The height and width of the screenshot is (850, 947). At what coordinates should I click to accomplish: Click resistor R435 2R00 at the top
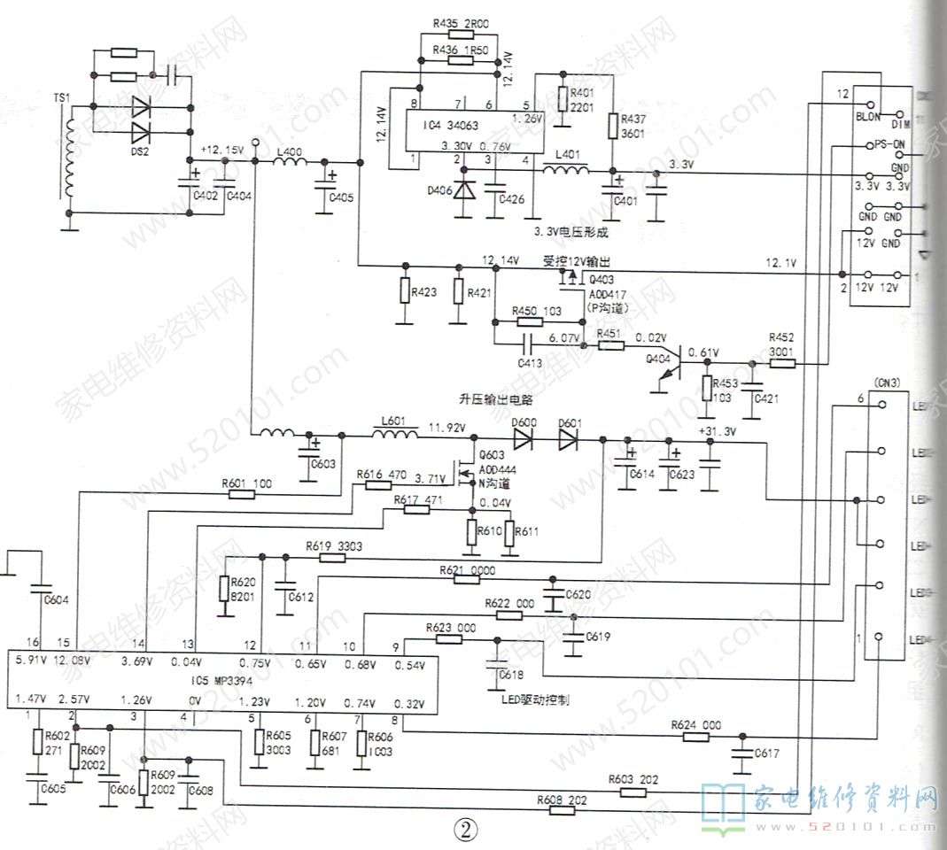click(462, 35)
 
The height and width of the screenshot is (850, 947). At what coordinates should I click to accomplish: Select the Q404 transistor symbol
click(671, 365)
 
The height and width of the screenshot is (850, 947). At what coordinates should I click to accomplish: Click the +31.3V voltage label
click(718, 432)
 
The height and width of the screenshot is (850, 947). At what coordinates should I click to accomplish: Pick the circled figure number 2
click(466, 829)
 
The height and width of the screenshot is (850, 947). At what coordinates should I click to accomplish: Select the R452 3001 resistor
click(783, 361)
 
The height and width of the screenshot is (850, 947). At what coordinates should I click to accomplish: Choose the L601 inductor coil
click(395, 435)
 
